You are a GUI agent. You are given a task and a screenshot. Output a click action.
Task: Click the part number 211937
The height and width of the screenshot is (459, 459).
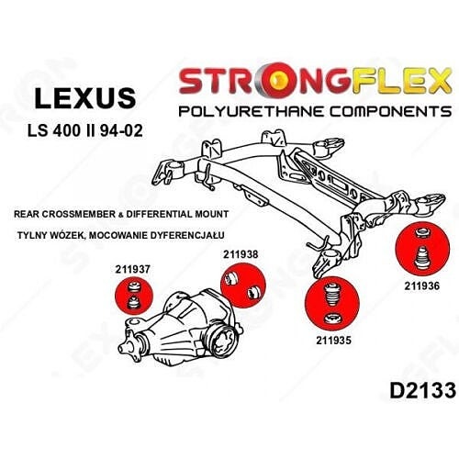pyautogui.click(x=132, y=269)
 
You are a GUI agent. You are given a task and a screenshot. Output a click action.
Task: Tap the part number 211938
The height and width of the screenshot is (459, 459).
pyautogui.click(x=241, y=254)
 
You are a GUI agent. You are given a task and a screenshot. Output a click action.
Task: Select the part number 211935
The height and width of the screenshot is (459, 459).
pyautogui.click(x=333, y=340)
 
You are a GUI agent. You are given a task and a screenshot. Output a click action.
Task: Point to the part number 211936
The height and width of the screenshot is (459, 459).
pyautogui.click(x=421, y=285)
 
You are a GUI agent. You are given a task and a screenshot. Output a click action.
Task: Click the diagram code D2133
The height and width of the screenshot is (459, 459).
pyautogui.click(x=422, y=390)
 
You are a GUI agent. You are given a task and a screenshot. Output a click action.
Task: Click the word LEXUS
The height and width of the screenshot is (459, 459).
pyautogui.click(x=85, y=98)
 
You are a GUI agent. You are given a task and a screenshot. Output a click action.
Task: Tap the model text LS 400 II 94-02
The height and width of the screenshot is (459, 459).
pyautogui.click(x=85, y=130)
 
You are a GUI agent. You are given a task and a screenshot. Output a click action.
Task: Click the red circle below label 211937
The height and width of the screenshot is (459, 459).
pyautogui.click(x=133, y=296)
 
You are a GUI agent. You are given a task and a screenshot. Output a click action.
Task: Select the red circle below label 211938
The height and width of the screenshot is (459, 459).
pyautogui.click(x=243, y=285)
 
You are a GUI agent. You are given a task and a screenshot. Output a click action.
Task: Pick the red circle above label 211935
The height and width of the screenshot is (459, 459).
pyautogui.click(x=332, y=303)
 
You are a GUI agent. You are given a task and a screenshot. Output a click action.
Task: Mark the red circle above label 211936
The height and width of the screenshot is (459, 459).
pyautogui.click(x=422, y=248)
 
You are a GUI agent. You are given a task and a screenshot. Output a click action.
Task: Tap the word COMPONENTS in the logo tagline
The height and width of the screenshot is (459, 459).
pyautogui.click(x=391, y=111)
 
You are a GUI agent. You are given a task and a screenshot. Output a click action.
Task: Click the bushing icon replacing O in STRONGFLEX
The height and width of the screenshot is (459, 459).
pyautogui.click(x=276, y=80)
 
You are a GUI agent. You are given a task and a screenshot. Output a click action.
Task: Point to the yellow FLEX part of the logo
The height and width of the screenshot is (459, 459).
pyautogui.click(x=401, y=81)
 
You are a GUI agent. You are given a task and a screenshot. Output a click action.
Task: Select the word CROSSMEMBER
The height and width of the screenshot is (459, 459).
pyautogui.click(x=80, y=214)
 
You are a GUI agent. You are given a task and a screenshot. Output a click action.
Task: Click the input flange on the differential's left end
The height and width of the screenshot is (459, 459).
pyautogui.click(x=127, y=348)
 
